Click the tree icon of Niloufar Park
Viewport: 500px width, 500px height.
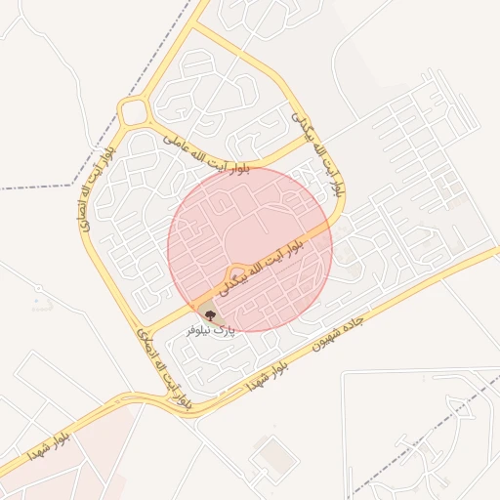pos(209,314)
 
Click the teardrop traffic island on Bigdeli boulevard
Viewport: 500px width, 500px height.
pos(235,271)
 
